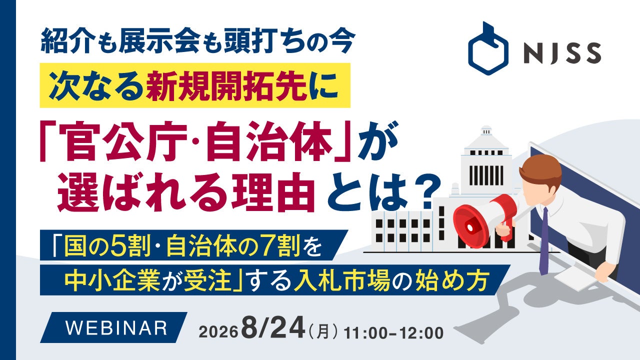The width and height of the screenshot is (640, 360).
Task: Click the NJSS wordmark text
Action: (x=562, y=53)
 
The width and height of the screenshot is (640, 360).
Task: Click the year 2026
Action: (x=218, y=332)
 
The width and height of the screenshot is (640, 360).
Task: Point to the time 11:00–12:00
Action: (x=393, y=333)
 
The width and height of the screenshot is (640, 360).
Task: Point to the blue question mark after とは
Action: (x=425, y=191)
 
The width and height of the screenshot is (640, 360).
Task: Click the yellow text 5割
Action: (x=131, y=245)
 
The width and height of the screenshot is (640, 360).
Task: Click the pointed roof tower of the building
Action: (x=485, y=137)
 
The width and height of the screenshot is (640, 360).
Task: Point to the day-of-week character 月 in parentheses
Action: (x=323, y=333)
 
